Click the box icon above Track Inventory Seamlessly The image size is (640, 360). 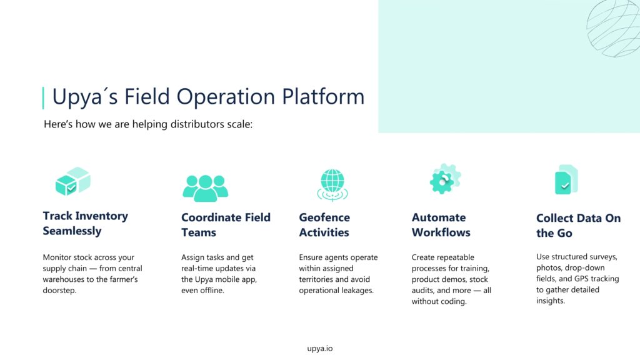(x=73, y=181)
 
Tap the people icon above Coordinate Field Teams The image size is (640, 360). (x=205, y=188)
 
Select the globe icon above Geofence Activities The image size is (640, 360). (x=332, y=185)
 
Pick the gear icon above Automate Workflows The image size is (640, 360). (x=445, y=179)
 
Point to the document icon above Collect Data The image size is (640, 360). (x=566, y=179)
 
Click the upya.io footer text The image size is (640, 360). (x=320, y=349)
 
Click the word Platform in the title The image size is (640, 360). (x=323, y=97)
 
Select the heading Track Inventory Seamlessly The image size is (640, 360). (x=85, y=223)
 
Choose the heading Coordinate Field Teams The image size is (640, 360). (x=226, y=225)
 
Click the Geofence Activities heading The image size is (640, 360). (x=324, y=225)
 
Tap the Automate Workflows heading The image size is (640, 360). (x=441, y=225)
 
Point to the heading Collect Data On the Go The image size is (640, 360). (x=578, y=225)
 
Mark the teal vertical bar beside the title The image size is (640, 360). (x=43, y=98)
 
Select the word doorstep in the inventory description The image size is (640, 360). (x=59, y=291)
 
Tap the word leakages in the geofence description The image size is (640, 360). (x=357, y=291)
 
